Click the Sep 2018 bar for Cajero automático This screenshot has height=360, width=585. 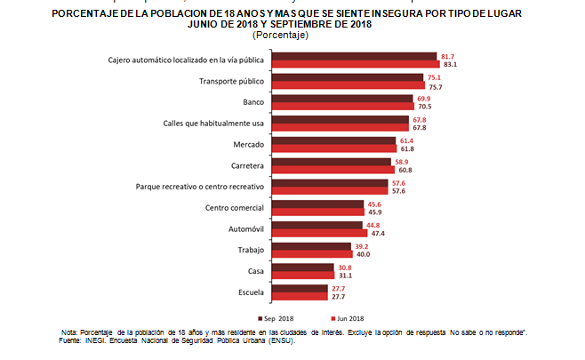coord(354,56)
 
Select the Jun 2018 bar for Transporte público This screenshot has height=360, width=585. coord(348,86)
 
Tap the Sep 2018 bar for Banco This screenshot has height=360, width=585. coord(342,98)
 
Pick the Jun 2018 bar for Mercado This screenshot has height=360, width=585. coord(334,148)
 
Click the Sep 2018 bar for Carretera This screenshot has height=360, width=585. coord(332,161)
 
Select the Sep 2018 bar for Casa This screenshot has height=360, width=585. coord(302,266)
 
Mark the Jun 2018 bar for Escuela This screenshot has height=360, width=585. coord(300,295)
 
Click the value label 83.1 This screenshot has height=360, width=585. coord(450,64)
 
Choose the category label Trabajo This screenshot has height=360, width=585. coord(249,249)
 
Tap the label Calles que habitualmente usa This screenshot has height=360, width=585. coord(213,123)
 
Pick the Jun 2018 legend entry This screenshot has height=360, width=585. coord(347,317)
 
